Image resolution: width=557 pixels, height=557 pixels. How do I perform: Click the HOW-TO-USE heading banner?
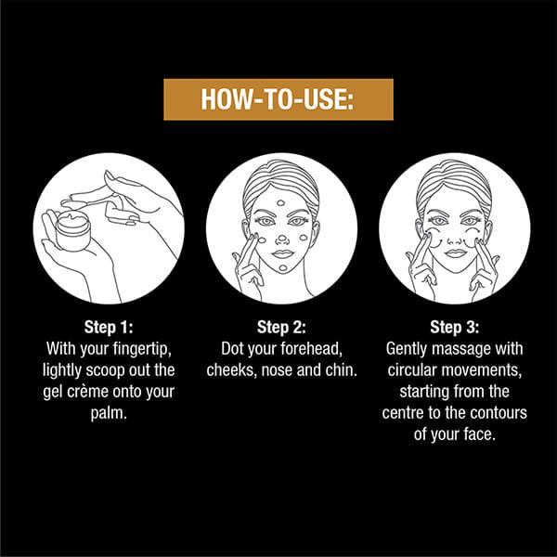coord(278,99)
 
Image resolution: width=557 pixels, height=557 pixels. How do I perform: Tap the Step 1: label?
coord(109,327)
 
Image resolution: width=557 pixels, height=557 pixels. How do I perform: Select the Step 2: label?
coord(281,327)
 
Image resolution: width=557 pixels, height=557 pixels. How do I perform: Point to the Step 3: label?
coord(454,327)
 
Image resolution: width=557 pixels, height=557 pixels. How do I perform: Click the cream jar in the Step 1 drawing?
coord(72,231)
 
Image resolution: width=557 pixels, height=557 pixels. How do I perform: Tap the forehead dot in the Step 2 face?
coord(281,203)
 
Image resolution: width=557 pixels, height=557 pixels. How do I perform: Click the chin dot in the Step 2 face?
coord(283,268)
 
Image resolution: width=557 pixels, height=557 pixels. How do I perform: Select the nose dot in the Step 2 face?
coord(281,239)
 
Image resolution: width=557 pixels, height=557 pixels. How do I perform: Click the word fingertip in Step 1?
coord(142,350)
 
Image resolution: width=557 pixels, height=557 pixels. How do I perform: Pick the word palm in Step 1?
coord(109,414)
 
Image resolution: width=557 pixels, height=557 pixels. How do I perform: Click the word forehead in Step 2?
coord(311,349)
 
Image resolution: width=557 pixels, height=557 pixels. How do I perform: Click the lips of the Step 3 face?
coord(455,253)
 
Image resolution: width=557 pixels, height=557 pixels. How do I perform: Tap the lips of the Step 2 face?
coord(282,253)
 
